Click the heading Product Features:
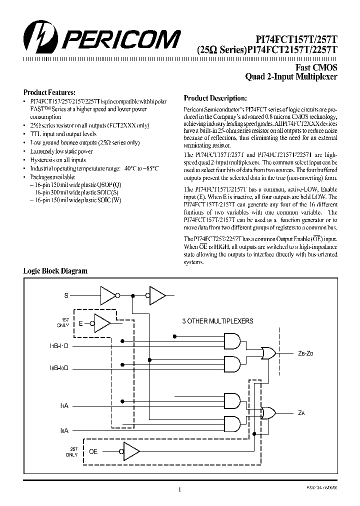pos(49,92)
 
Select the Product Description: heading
pos(215,98)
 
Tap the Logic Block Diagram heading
pos(55,271)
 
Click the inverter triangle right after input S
pos(108,295)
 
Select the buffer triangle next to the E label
pos(102,323)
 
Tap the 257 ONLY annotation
pos(71,452)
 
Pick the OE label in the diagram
pos(93,451)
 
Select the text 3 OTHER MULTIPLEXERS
pos(217,321)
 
